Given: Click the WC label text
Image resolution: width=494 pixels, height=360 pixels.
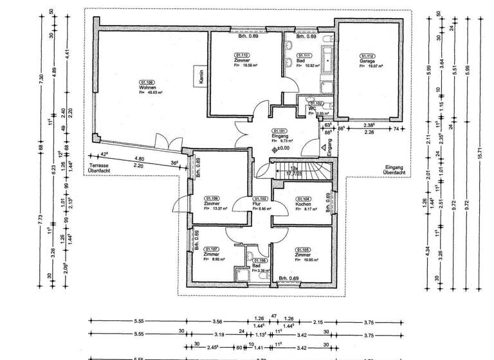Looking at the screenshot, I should point(312,109).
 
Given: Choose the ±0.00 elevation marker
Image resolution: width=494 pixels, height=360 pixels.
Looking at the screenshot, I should point(282,148).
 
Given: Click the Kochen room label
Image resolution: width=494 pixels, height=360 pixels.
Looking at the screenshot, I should point(303,204).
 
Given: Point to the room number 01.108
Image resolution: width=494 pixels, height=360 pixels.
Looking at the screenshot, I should point(212,199).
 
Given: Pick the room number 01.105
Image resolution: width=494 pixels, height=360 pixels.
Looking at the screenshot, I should point(303,249).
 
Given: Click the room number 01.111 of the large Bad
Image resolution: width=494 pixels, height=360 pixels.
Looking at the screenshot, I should point(304,56).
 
